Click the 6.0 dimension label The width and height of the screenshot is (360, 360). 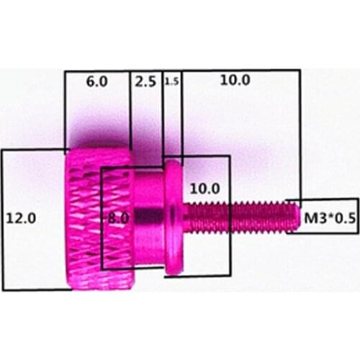(96, 81)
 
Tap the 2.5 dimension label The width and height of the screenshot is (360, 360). (145, 81)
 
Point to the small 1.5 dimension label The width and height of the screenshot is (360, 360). (171, 82)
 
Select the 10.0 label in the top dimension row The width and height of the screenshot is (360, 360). (235, 80)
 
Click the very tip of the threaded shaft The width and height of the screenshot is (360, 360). (295, 215)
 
